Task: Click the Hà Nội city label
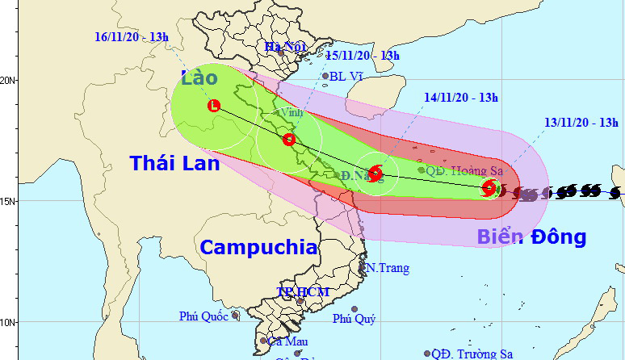282,47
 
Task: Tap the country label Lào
199,78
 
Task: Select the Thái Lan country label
174,163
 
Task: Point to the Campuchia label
258,247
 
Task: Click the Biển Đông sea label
530,237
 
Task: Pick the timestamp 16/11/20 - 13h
131,37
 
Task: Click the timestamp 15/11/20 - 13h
363,56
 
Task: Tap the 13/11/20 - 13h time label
581,123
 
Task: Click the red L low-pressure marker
214,106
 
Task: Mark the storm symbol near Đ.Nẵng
375,173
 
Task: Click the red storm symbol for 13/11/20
489,188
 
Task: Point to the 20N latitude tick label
9,81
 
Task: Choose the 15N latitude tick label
9,201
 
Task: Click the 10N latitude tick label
9,322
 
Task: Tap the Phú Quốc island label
200,316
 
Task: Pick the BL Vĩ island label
346,77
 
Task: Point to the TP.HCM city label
296,291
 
